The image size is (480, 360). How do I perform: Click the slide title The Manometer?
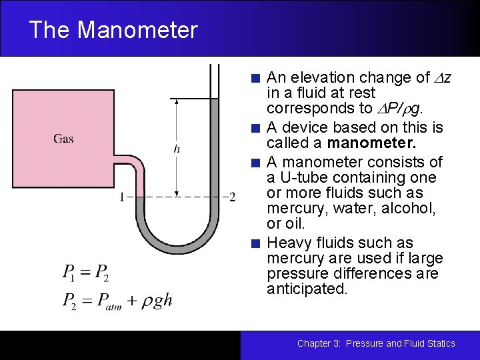point(113,30)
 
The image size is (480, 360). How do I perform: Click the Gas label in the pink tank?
point(63,139)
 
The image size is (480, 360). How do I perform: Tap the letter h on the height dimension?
point(177,149)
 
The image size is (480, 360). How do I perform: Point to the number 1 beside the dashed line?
point(121,197)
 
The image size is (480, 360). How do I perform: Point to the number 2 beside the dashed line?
point(232,197)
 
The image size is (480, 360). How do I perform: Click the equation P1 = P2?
point(85,272)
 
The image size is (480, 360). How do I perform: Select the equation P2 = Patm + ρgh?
point(117,301)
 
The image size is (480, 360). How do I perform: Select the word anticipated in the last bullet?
point(307,289)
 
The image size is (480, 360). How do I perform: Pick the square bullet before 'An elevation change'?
point(256,78)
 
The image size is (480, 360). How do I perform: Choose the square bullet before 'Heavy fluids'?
point(256,243)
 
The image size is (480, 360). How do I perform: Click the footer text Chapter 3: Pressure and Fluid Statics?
point(376,343)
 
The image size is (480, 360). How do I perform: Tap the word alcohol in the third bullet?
point(412,208)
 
